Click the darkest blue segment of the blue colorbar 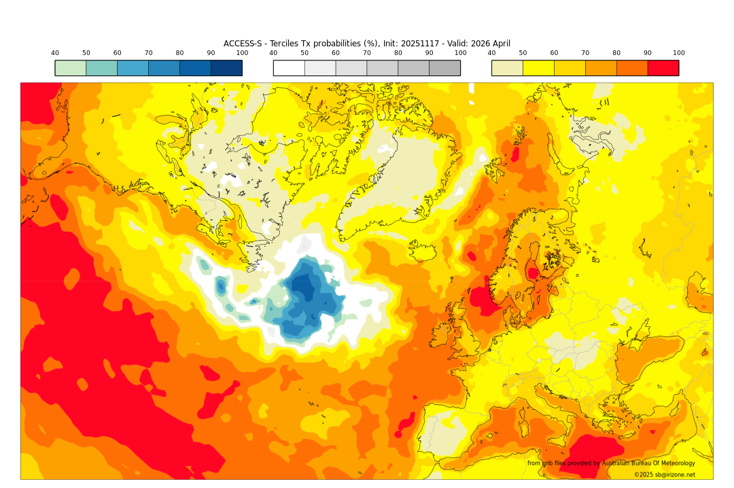click(226, 68)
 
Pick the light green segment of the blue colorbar click(71, 68)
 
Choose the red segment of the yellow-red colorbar click(663, 68)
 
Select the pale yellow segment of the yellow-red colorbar click(507, 68)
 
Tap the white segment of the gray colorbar click(289, 68)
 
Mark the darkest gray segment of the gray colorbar click(444, 68)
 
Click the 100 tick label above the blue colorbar click(242, 53)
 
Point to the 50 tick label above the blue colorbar click(86, 53)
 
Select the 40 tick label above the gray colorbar click(273, 53)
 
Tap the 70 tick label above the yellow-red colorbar click(585, 53)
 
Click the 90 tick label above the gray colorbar click(429, 53)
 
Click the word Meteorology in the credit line click(676, 464)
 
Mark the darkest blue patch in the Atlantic click(303, 285)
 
